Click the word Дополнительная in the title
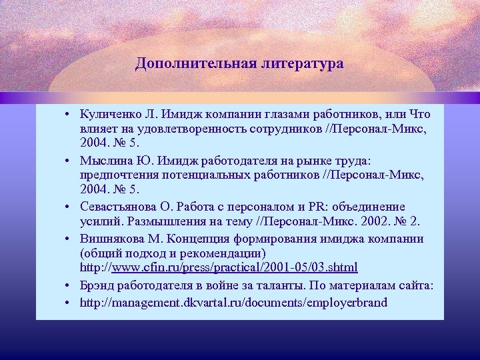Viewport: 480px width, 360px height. tap(185, 64)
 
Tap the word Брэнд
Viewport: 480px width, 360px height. tap(97, 285)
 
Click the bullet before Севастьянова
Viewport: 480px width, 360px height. tap(69, 207)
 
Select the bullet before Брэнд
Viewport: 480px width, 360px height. tap(69, 286)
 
